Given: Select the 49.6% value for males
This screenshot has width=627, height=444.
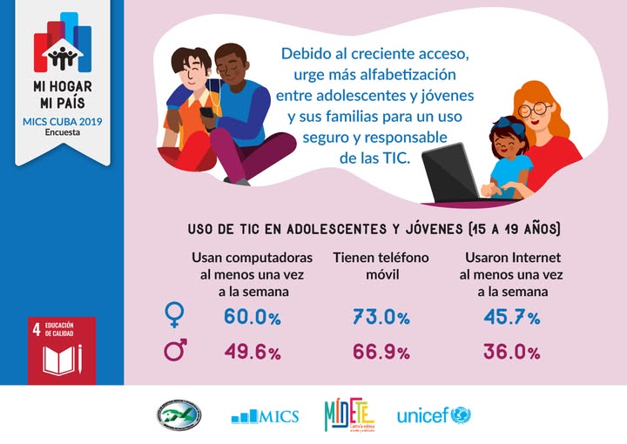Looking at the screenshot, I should coord(253,353).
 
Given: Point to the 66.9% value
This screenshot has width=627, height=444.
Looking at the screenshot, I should coord(381,353).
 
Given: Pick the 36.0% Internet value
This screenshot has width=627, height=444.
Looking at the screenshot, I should coord(511,353).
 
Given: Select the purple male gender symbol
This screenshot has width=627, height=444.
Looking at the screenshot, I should coord(176,351).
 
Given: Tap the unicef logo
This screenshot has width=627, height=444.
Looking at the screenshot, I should coord(433,415).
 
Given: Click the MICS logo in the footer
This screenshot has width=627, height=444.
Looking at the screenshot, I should coord(265,416).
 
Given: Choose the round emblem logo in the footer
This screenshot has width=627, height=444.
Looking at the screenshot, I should coord(179,414).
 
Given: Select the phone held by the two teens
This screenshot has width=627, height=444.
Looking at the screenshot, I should coord(207,112).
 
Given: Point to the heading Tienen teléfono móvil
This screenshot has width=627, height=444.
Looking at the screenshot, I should coord(381,266).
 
